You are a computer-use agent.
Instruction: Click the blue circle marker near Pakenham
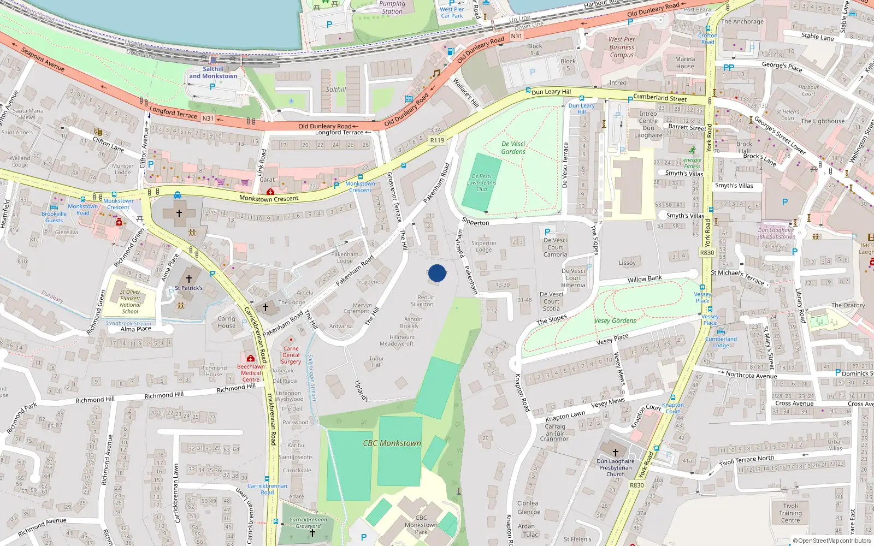click(436, 273)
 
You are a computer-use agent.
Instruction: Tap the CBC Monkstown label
click(392, 443)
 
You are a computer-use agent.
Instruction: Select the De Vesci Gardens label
click(513, 148)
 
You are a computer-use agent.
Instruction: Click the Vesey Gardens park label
click(615, 321)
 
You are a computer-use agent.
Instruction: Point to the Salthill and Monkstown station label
click(213, 73)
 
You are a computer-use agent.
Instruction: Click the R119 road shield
click(437, 140)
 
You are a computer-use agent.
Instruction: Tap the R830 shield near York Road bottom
click(636, 485)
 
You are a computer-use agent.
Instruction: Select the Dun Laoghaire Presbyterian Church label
click(615, 468)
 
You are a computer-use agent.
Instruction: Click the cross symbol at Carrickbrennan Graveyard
click(312, 532)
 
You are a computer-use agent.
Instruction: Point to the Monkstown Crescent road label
click(269, 199)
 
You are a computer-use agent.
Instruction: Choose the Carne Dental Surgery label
click(291, 355)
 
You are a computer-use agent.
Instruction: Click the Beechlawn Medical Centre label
click(251, 373)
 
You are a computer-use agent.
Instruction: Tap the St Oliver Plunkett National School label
click(130, 301)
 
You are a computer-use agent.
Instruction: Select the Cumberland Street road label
click(660, 98)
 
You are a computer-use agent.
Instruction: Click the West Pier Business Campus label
click(622, 47)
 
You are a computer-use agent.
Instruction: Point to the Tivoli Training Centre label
click(790, 513)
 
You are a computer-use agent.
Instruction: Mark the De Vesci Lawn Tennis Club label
click(481, 183)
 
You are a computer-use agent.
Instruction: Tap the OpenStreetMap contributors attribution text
click(832, 541)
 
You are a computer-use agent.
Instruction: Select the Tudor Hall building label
click(376, 362)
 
